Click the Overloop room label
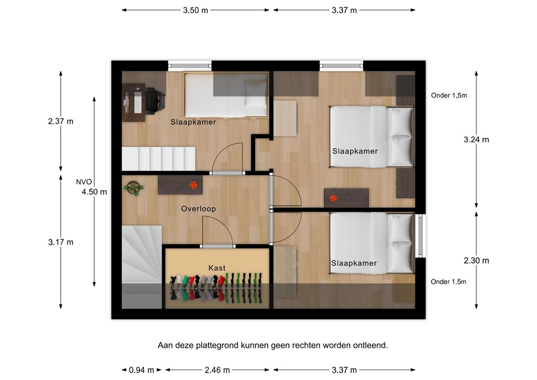click(198, 209)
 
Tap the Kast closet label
click(217, 268)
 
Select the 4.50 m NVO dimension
click(94, 192)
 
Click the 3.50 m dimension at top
click(195, 10)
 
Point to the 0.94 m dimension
click(141, 370)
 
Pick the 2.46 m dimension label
click(217, 370)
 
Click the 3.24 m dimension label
click(476, 140)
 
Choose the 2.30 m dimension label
click(476, 260)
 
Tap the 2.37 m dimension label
click(60, 121)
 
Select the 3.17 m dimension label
click(60, 242)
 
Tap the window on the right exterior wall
click(421, 236)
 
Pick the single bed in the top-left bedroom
click(225, 95)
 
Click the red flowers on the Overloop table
click(194, 185)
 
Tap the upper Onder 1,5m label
click(448, 96)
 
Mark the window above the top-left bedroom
click(190, 66)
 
